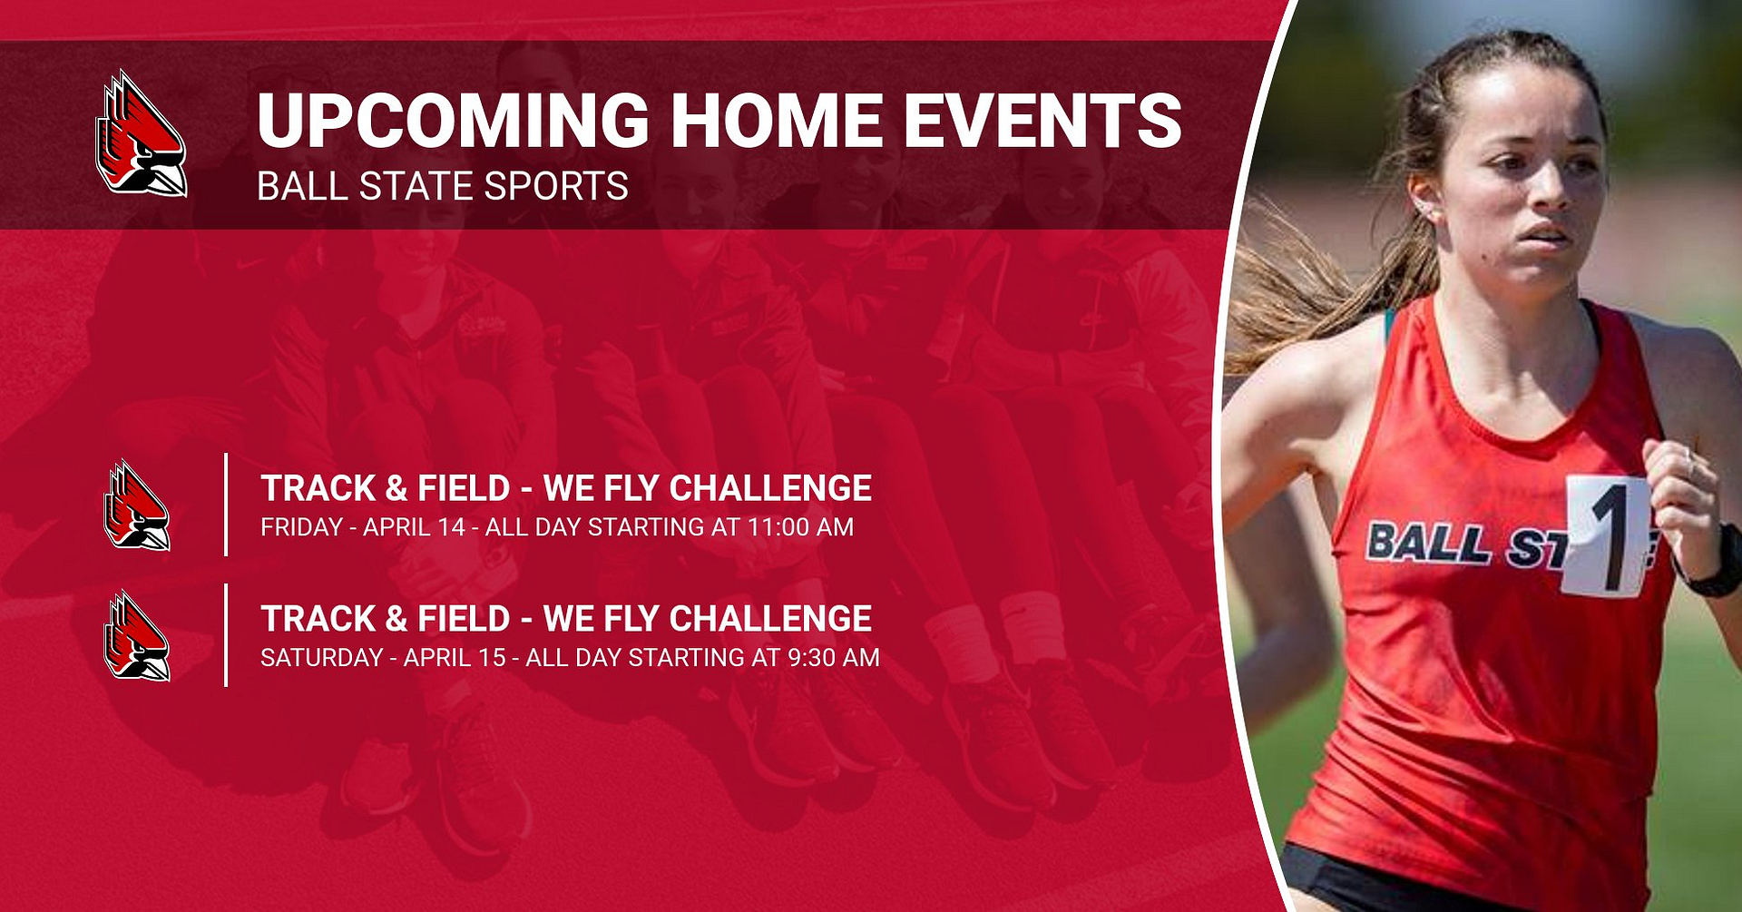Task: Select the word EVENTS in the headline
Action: [1042, 121]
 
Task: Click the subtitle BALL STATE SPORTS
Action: [442, 187]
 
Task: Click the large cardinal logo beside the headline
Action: [141, 134]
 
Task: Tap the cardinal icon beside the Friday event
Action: [137, 505]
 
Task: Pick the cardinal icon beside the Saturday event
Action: [137, 635]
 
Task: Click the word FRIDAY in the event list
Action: [301, 527]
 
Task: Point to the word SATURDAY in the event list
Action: [321, 658]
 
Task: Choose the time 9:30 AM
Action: [833, 658]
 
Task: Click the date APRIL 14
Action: [414, 527]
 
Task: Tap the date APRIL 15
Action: [454, 658]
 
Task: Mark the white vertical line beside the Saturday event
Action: [226, 635]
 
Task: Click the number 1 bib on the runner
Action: [1606, 535]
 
